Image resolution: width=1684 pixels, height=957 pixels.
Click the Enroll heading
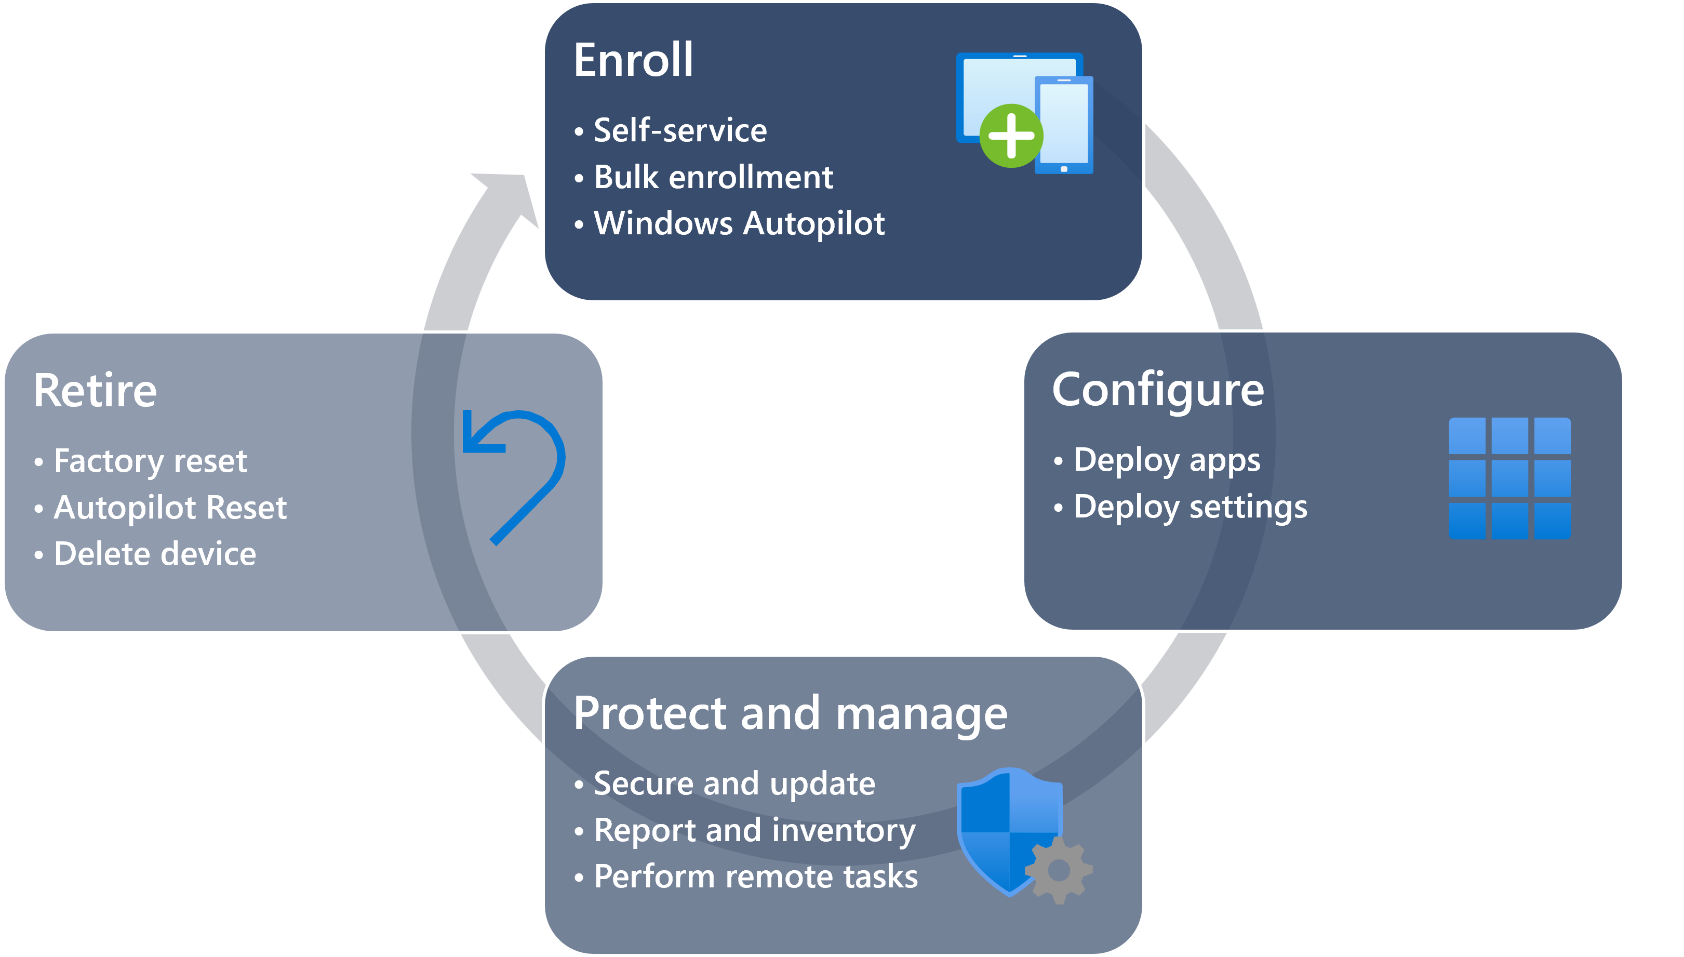[633, 60]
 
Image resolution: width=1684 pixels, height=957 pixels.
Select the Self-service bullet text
[680, 130]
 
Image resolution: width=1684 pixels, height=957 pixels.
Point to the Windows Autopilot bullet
[739, 223]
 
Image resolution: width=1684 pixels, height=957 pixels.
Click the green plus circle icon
[1010, 136]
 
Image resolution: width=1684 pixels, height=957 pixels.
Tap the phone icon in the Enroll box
[1064, 125]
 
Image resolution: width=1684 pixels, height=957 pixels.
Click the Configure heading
[1158, 390]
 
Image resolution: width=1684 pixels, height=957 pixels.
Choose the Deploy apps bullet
[1166, 460]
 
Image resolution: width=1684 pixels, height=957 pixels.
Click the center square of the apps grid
[1509, 478]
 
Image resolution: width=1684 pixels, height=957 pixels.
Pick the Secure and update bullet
[734, 783]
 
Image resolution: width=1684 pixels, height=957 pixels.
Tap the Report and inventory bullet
[754, 830]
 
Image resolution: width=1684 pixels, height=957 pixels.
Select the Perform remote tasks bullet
[756, 877]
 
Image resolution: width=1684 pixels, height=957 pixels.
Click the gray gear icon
[1058, 870]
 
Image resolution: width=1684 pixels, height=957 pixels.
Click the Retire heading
[95, 391]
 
